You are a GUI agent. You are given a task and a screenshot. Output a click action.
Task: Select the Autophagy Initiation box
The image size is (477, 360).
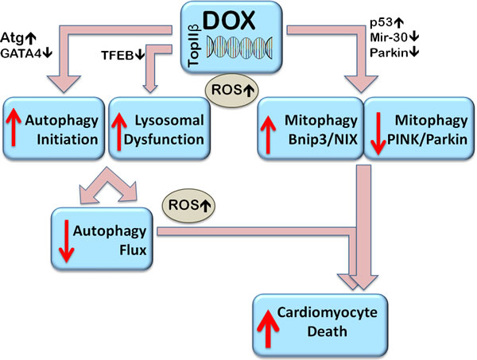click(x=53, y=128)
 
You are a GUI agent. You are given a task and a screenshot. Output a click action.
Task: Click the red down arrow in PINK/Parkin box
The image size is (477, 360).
click(x=380, y=129)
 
